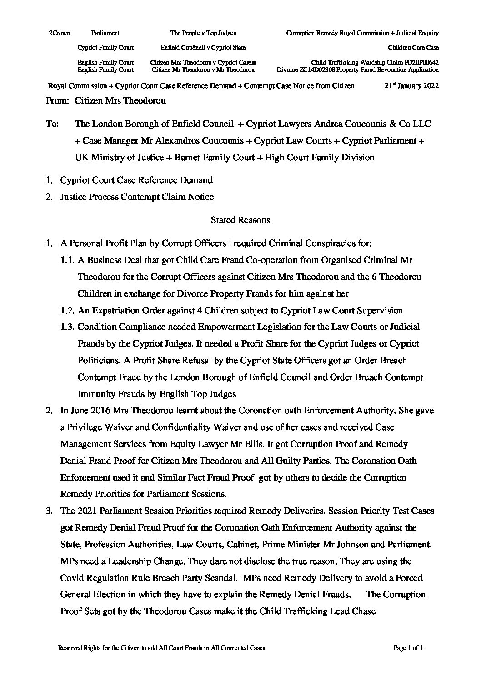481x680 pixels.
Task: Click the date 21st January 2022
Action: click(411, 86)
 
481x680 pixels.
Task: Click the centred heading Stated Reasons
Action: click(240, 220)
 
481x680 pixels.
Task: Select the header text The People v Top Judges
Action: click(203, 33)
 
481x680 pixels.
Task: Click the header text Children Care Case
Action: click(413, 48)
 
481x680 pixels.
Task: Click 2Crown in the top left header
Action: click(56, 33)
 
